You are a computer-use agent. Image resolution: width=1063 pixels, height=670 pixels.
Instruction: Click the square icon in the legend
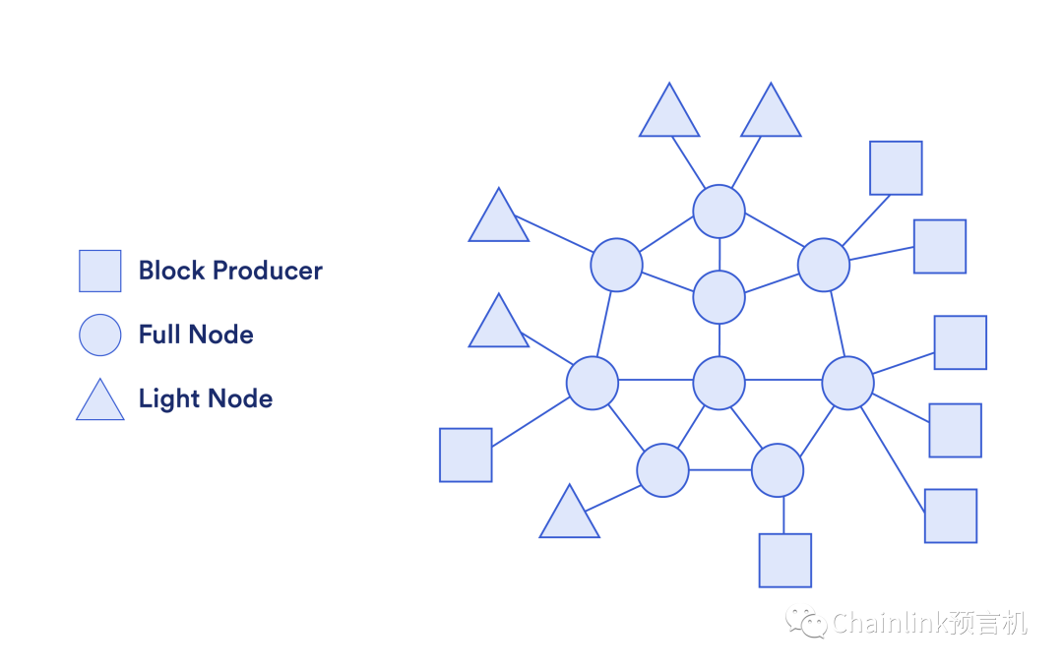tap(100, 271)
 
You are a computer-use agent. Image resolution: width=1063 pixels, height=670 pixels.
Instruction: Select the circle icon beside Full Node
tap(100, 335)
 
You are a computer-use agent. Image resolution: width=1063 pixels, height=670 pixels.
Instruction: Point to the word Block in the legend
tap(171, 271)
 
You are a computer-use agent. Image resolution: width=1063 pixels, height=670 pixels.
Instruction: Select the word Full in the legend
tap(157, 335)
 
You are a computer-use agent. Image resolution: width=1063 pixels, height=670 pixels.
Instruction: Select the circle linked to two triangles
tap(719, 211)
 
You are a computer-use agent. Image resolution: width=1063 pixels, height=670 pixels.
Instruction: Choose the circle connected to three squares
tap(847, 383)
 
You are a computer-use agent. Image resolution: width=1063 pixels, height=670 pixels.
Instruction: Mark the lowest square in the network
tap(784, 560)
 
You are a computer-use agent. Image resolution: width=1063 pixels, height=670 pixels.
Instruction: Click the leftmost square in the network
tap(466, 455)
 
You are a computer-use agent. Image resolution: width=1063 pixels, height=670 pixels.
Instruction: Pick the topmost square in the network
tap(896, 168)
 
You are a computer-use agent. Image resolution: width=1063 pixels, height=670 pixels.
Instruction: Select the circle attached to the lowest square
tap(778, 470)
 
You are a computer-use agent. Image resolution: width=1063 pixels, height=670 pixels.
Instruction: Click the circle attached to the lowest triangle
tap(662, 470)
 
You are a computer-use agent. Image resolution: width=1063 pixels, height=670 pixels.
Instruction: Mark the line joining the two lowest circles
tap(719, 470)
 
